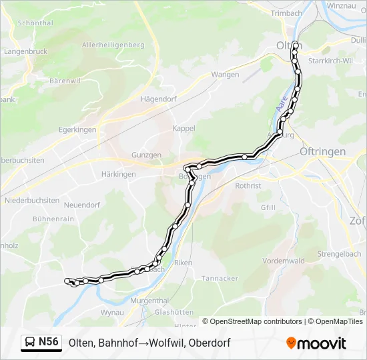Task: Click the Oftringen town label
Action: [x=323, y=152]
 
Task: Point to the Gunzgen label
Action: [x=147, y=155]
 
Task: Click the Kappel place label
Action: [x=183, y=128]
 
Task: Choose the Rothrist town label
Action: [x=248, y=186]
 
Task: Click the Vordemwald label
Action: [x=284, y=261]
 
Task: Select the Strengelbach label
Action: [x=339, y=254]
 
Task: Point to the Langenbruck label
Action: [x=25, y=51]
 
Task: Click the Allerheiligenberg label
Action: [x=113, y=45]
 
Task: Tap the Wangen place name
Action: [x=225, y=75]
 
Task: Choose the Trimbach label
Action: [x=287, y=13]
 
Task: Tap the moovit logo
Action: [x=316, y=343]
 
